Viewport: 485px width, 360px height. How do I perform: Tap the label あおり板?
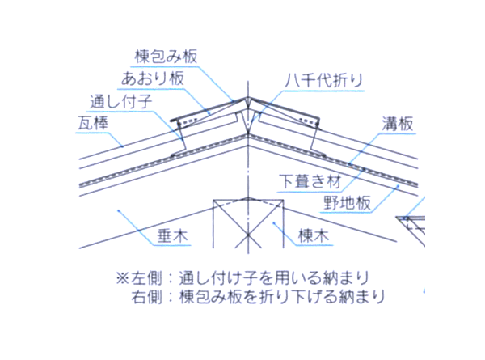153,79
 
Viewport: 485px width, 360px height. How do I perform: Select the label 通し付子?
122,101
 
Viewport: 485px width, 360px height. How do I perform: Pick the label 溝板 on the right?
399,123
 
